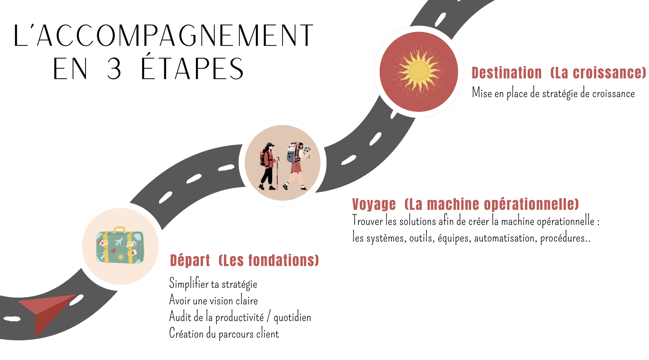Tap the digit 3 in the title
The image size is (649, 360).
click(114, 69)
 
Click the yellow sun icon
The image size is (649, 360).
click(419, 71)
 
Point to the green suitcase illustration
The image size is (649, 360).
click(120, 245)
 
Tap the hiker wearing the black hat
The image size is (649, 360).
click(268, 166)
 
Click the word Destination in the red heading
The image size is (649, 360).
click(507, 73)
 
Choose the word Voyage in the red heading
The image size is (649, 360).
click(374, 204)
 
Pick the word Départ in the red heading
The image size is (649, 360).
click(190, 261)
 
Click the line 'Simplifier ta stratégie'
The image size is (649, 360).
click(213, 284)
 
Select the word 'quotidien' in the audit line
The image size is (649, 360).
click(292, 317)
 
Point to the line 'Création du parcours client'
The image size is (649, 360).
click(224, 334)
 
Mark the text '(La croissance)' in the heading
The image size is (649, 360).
click(598, 73)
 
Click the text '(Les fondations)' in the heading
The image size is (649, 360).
click(268, 261)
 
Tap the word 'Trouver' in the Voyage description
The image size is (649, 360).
click(367, 221)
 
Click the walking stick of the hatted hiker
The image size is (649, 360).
click(277, 175)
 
